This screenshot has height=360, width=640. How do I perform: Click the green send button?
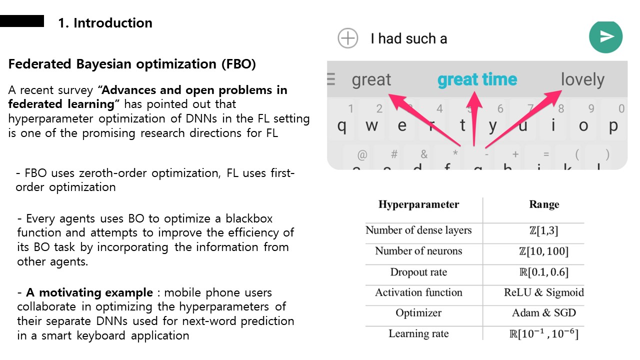(605, 37)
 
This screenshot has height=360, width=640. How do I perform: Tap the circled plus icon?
(347, 38)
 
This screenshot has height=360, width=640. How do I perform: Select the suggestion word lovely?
(582, 79)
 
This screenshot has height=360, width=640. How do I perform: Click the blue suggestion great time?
(477, 79)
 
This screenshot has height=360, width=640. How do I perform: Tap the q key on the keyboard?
(341, 125)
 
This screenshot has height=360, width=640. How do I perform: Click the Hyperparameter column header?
(418, 204)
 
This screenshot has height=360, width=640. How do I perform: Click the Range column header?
(544, 204)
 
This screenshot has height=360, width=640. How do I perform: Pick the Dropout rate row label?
(418, 272)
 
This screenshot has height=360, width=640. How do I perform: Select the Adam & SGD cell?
(543, 312)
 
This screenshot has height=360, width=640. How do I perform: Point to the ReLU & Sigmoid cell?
(543, 292)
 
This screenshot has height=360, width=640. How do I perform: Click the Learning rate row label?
(418, 333)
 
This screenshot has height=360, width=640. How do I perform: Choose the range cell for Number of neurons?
(543, 251)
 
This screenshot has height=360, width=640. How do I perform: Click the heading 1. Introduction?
(105, 23)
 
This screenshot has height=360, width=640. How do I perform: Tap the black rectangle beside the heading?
(22, 21)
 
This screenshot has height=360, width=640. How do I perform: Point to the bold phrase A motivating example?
(89, 292)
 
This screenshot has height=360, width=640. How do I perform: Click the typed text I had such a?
(409, 38)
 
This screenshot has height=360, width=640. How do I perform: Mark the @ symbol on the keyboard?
(362, 155)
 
